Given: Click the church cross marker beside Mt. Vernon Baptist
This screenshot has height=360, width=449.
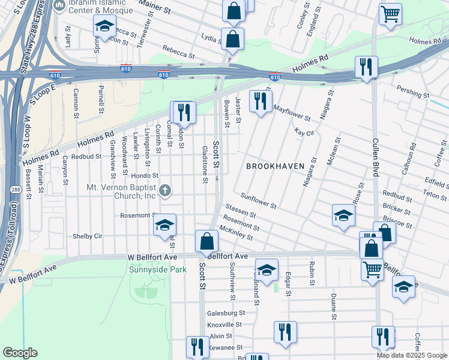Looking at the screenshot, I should [x=166, y=191].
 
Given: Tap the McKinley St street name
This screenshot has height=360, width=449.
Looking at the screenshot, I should [x=236, y=233].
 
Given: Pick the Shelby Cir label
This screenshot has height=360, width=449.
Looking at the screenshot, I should [x=87, y=236].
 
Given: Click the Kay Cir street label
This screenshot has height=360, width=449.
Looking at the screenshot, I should [x=304, y=132].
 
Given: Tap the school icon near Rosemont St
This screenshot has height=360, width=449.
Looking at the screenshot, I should [x=164, y=225].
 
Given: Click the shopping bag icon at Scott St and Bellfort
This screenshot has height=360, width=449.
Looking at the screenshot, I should [x=206, y=241].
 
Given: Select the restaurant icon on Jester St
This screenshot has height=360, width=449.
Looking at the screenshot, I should [x=261, y=101].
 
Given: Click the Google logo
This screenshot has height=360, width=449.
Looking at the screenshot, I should [x=20, y=353].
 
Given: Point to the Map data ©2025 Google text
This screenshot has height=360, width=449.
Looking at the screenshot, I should [x=412, y=355].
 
